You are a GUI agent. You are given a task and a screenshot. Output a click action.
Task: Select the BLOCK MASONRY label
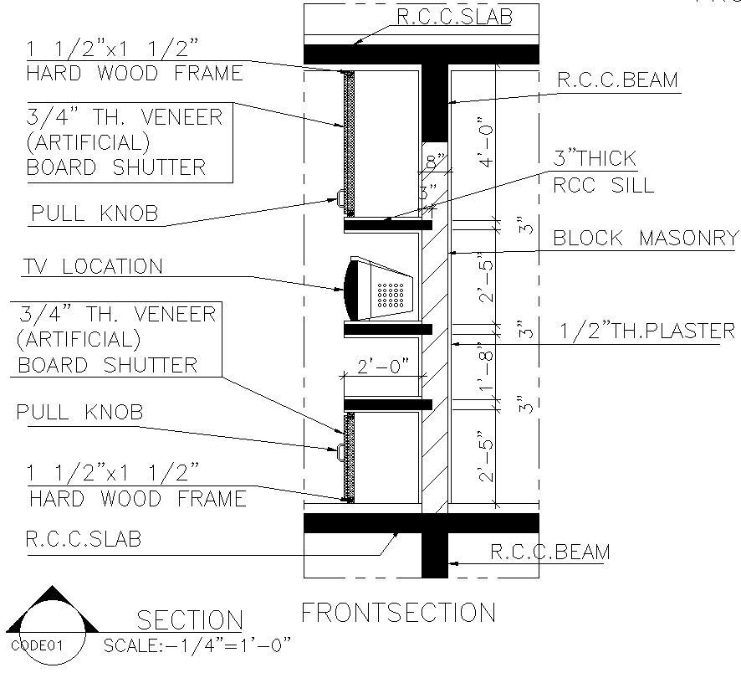click(646, 239)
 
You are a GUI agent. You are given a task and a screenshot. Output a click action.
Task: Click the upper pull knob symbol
click(341, 198)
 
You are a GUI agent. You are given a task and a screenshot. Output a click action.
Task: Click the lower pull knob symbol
click(341, 451)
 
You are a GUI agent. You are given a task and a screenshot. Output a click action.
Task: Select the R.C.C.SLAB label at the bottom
click(84, 538)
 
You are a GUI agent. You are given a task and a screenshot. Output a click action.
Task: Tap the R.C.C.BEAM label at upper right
click(618, 80)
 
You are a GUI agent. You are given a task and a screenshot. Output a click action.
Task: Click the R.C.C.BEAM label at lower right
click(549, 552)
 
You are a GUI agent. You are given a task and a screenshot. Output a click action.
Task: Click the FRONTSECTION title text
click(398, 612)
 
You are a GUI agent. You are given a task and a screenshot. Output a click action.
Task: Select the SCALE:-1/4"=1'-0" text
click(197, 645)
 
